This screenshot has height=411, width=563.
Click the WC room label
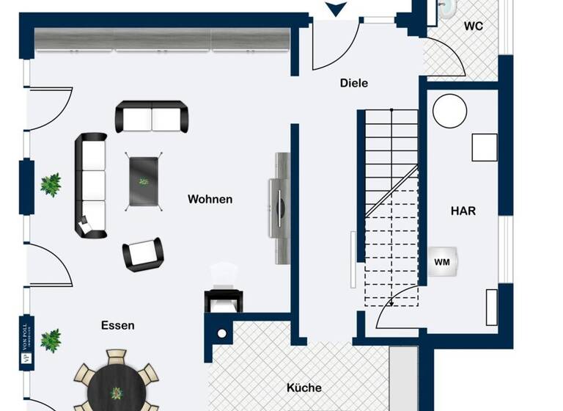coord(473,26)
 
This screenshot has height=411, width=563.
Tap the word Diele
coord(354,83)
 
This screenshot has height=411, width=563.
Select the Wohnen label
coord(210,199)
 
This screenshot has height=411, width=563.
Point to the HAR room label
coord(463,211)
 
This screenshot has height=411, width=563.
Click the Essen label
coord(118,325)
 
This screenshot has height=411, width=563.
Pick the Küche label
coord(303,387)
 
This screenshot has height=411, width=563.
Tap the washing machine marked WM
coord(442,261)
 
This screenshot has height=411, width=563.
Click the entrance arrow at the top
coord(335,9)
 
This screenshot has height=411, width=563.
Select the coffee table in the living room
coord(144,181)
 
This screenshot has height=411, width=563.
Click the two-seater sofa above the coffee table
coord(152,116)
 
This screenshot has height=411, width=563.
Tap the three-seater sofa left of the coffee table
coord(91,184)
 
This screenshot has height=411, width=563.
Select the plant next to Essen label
coord(51,340)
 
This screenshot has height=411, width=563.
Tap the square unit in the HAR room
coord(485,148)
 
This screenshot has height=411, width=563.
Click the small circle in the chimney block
coord(221,334)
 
